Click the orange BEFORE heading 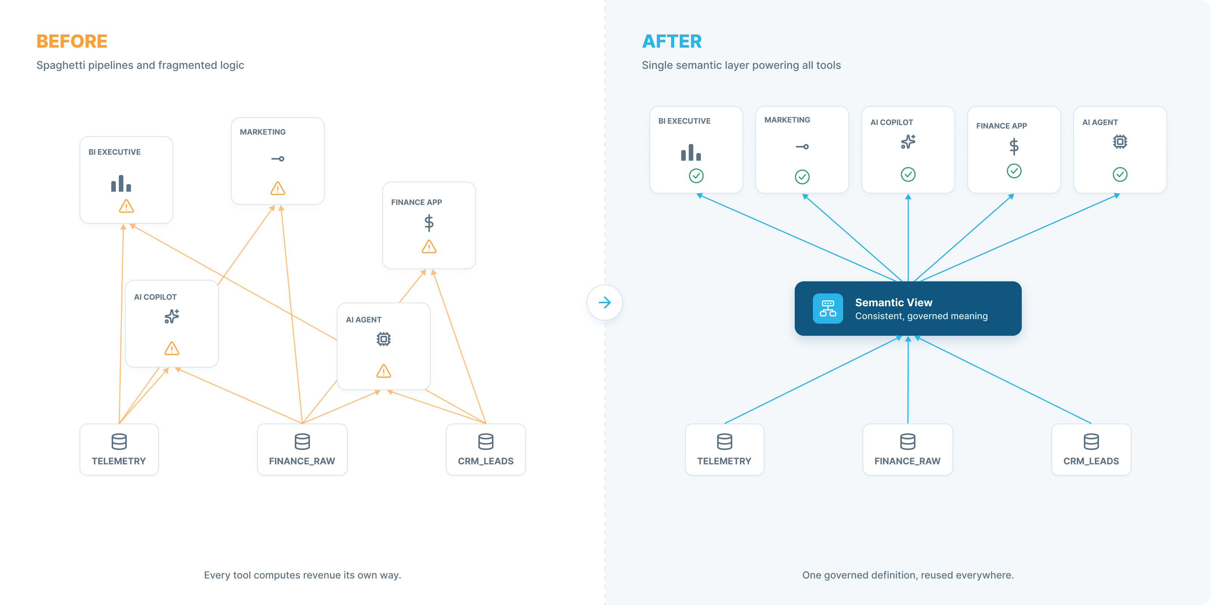(72, 41)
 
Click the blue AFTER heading (672, 41)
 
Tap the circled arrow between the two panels (605, 302)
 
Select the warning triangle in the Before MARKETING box (278, 188)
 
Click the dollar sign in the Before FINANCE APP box (429, 223)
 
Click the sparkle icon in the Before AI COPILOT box (171, 316)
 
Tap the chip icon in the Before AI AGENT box (384, 339)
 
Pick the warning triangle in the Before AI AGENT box (384, 371)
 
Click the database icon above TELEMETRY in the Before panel (119, 442)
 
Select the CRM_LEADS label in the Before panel (486, 461)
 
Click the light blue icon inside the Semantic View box (828, 309)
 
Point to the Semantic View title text (893, 302)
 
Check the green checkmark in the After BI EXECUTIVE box (696, 176)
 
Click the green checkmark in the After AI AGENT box (1120, 174)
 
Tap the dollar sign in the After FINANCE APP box (1014, 146)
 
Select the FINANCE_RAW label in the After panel (907, 461)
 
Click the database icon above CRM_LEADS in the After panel (1091, 442)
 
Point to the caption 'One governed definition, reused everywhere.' (908, 575)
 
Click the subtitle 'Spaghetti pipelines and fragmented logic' (140, 65)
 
